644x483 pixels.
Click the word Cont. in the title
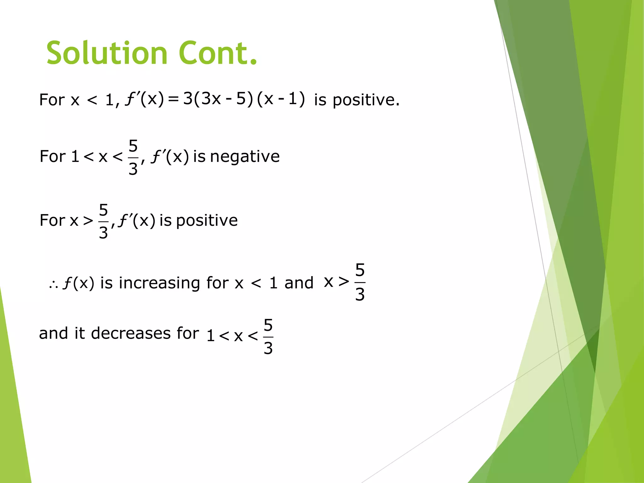[218, 53]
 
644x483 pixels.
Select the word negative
[245, 156]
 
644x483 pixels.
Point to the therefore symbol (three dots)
[53, 285]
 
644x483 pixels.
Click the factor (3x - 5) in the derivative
[223, 99]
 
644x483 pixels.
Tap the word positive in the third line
[207, 220]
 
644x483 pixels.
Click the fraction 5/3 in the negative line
[133, 157]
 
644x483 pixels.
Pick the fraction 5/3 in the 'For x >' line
[103, 221]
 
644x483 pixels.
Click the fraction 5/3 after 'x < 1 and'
[360, 282]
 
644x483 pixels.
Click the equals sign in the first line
[173, 100]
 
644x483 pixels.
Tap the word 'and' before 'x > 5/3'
[299, 283]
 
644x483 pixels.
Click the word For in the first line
[52, 100]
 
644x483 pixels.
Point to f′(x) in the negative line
[170, 156]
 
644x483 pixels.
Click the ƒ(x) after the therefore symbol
[79, 283]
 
